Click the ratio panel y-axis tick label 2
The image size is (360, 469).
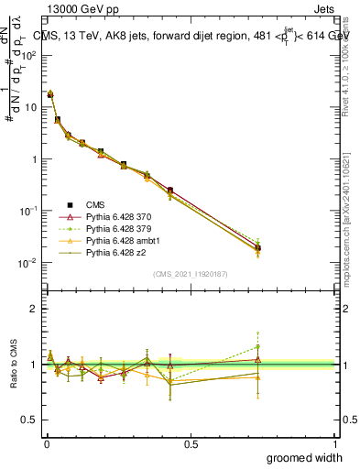click(32, 309)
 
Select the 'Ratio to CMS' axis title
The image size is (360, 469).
click(12, 365)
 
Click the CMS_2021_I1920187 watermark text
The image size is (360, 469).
click(191, 274)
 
